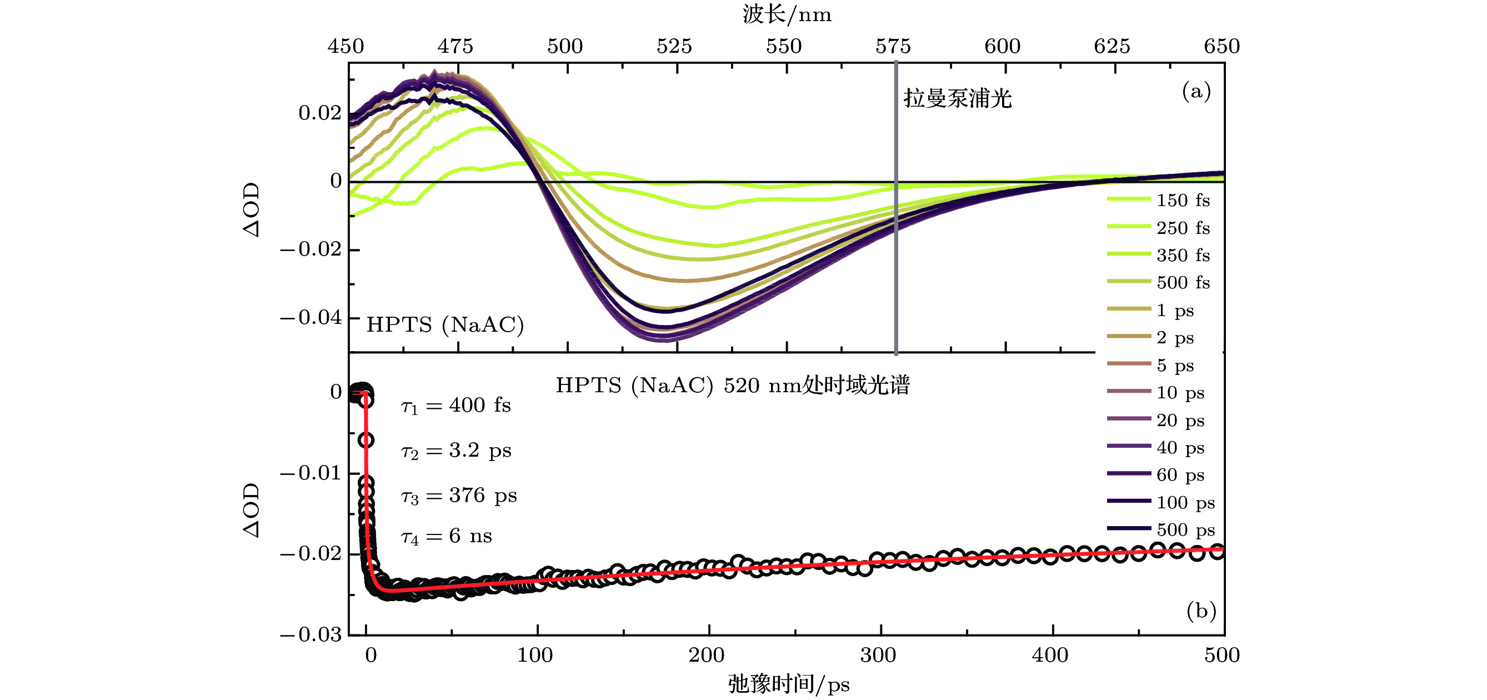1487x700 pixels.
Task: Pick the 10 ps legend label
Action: pyautogui.click(x=1180, y=393)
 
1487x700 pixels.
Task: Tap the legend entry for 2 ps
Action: pyautogui.click(x=1175, y=338)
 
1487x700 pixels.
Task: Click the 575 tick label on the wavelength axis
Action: pyautogui.click(x=893, y=46)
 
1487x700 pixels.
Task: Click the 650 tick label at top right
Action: pyautogui.click(x=1221, y=46)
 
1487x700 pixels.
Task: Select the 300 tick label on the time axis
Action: pyautogui.click(x=878, y=655)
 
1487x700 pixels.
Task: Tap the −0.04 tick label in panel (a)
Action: pyautogui.click(x=311, y=317)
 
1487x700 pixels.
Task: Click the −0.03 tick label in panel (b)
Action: pyautogui.click(x=311, y=635)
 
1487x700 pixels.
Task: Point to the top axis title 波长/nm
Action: pyautogui.click(x=787, y=14)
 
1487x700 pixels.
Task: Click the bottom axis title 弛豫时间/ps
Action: pyautogui.click(x=789, y=684)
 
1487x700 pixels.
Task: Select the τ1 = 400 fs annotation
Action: pyautogui.click(x=456, y=406)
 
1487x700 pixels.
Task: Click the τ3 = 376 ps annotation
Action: pyautogui.click(x=459, y=496)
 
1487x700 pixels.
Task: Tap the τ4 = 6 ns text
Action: pyautogui.click(x=446, y=537)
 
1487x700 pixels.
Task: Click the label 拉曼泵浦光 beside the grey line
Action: pyautogui.click(x=958, y=99)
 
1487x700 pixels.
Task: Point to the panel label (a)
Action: pyautogui.click(x=1196, y=91)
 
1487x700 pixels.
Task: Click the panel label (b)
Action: pyautogui.click(x=1201, y=611)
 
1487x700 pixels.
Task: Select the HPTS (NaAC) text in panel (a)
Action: pyautogui.click(x=445, y=324)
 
